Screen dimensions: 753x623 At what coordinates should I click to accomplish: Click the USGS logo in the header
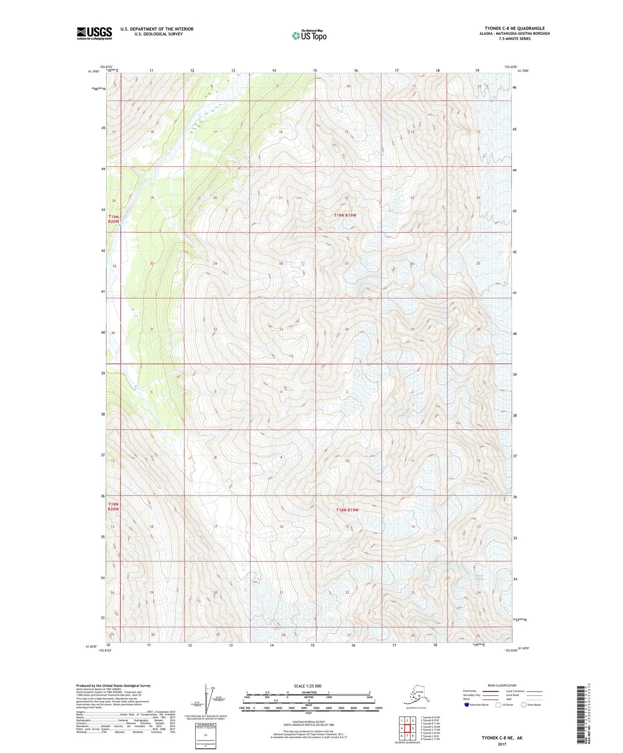[94, 33]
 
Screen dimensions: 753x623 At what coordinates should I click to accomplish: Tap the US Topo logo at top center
[309, 36]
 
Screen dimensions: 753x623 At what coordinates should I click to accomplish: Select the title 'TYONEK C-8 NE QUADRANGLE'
[514, 28]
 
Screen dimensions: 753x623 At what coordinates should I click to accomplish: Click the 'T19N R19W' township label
[345, 215]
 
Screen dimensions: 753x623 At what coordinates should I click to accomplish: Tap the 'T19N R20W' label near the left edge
[114, 219]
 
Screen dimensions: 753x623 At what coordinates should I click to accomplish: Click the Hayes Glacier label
[480, 577]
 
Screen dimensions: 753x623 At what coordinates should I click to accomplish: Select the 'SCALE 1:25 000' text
[307, 686]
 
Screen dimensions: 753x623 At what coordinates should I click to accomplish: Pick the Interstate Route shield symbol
[467, 704]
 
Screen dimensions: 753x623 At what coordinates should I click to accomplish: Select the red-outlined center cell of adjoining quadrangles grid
[407, 728]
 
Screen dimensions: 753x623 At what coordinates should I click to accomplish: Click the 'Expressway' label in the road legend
[471, 691]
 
